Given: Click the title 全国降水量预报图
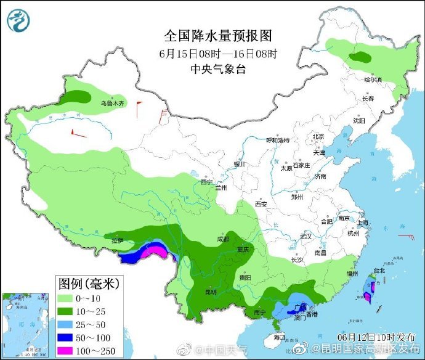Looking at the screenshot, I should point(218,35).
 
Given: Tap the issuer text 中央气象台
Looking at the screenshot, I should point(218,69).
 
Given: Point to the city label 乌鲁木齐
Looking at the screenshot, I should point(113,104).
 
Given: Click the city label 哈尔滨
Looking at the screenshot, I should point(373,80).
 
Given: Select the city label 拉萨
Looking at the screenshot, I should point(117,240).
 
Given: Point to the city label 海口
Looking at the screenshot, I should point(278,337).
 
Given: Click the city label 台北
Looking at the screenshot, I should point(379,270).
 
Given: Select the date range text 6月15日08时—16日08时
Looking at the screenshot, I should point(218,52).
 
